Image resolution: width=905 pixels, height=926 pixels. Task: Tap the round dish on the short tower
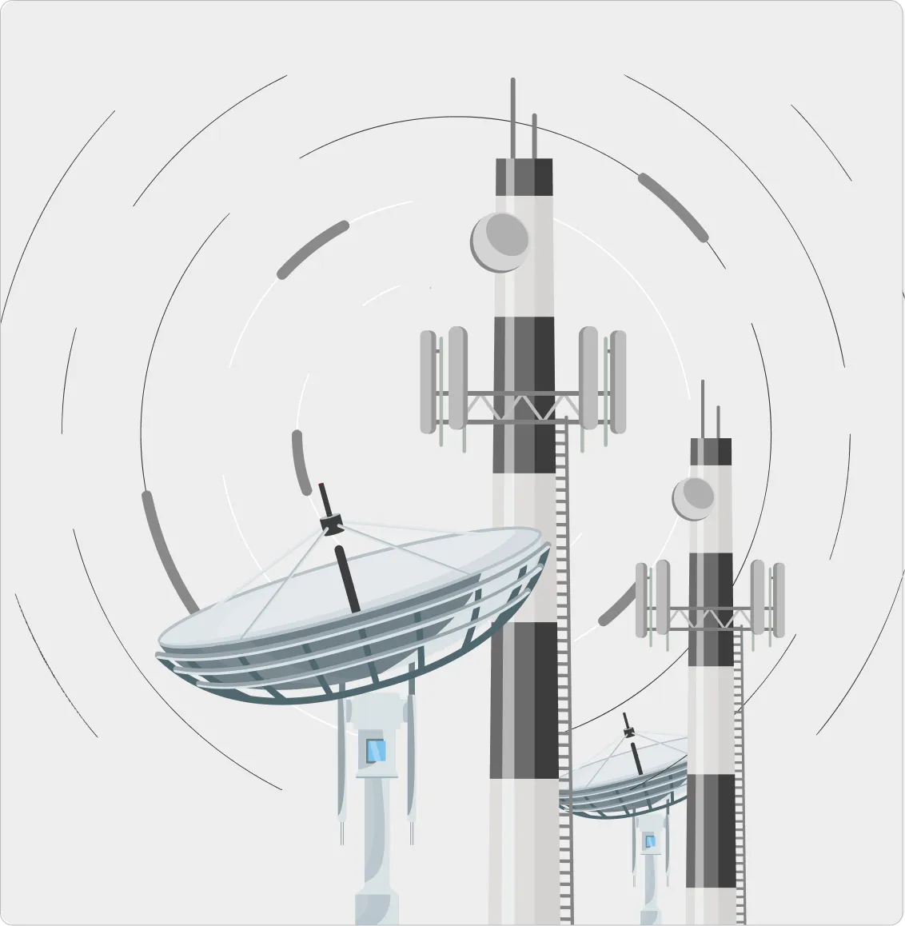coord(693,498)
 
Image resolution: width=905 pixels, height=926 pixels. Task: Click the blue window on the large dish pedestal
coord(375,751)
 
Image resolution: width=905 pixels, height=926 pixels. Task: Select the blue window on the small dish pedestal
coord(649,840)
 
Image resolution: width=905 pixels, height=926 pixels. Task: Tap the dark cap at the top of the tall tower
coord(524,177)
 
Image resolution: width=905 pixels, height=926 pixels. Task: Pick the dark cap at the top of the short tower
coord(711,451)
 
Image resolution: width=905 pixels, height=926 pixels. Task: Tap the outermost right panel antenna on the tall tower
coord(619,381)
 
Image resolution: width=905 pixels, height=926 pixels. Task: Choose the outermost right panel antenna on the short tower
coord(778,599)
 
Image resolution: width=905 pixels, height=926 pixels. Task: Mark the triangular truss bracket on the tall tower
coord(523,406)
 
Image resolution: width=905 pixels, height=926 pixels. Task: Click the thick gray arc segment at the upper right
coord(673,206)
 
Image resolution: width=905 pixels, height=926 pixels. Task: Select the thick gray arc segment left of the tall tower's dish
coord(313,249)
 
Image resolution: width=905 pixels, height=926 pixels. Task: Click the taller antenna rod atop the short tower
coord(703,409)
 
